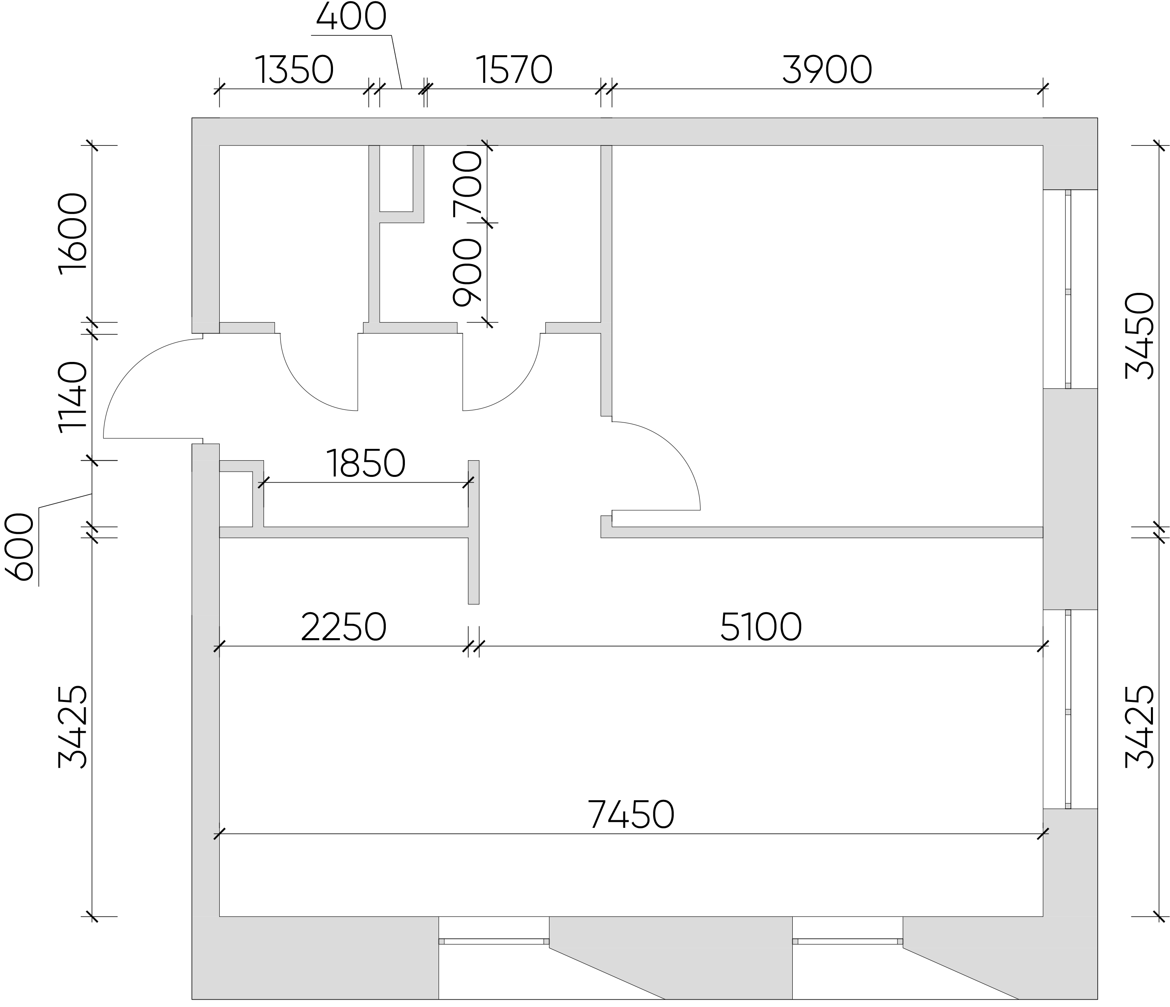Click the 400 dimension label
351,17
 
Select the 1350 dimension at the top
294,70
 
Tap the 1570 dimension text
514,70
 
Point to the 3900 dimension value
827,70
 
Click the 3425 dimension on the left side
73,728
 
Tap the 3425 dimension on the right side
1139,728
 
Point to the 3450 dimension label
1139,336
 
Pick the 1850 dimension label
366,463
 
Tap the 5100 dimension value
761,627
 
